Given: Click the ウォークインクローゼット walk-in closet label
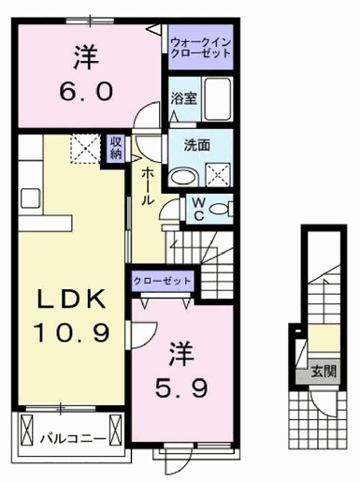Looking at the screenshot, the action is (201, 47).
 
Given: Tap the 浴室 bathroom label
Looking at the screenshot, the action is (183, 98).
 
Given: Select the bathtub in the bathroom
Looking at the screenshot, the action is (218, 99).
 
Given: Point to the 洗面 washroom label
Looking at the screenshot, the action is (197, 145).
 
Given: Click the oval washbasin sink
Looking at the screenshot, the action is (183, 178).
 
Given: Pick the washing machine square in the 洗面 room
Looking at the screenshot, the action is (218, 175).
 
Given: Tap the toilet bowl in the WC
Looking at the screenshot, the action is (221, 209).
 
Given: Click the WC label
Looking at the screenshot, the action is (199, 209).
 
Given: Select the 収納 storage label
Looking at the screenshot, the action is (116, 149).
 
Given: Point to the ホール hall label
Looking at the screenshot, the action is (148, 186).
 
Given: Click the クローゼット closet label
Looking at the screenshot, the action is (162, 281).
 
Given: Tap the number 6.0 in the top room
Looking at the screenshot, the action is (86, 92).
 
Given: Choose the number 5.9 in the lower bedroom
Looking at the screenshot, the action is (180, 388).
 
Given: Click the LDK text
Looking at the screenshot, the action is (71, 299).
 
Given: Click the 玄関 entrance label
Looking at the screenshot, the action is (324, 372).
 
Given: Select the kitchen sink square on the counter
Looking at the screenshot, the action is (30, 197).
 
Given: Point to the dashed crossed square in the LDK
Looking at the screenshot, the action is (86, 149).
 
